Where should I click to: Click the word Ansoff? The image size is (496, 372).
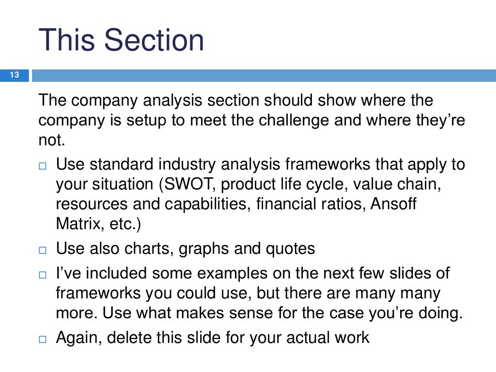point(393,204)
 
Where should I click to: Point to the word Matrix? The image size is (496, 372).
point(78,224)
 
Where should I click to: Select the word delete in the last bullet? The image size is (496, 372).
point(132,337)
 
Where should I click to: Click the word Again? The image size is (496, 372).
point(79,337)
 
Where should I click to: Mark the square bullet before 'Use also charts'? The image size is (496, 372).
point(42,250)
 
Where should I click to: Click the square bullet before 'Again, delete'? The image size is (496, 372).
point(42,339)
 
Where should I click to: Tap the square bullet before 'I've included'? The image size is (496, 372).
point(42,275)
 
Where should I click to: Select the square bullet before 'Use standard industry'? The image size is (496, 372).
point(42,166)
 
